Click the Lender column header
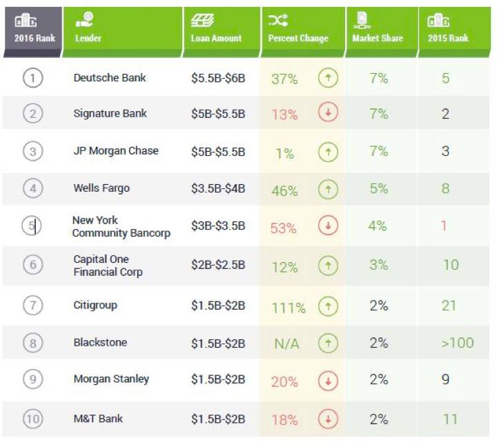click(x=89, y=38)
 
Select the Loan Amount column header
click(x=216, y=38)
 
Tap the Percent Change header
click(x=298, y=38)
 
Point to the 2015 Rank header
click(x=448, y=38)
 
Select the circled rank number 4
click(x=32, y=188)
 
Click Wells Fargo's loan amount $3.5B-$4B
click(x=218, y=189)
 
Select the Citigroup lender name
click(x=95, y=305)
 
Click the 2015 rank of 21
click(x=449, y=305)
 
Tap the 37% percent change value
click(x=284, y=79)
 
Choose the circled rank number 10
click(x=32, y=419)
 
